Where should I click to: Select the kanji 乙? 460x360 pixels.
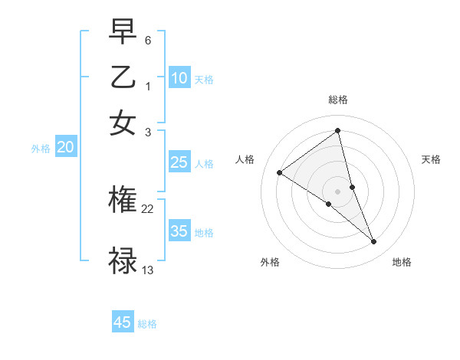[x=123, y=77]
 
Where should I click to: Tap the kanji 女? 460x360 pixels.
[x=123, y=123]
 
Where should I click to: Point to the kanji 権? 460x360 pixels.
[x=123, y=201]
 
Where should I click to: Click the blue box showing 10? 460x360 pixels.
[x=179, y=78]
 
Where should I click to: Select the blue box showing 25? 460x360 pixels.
[x=179, y=162]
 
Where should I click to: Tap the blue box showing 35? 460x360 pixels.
[x=179, y=232]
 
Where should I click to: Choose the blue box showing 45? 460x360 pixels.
[x=123, y=322]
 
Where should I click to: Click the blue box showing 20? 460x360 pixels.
[x=65, y=148]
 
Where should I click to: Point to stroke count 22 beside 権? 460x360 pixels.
[x=148, y=208]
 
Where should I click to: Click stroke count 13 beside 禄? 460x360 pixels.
[x=148, y=270]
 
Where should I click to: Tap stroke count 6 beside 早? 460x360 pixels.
[x=148, y=38]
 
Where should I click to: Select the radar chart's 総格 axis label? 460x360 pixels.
[x=338, y=100]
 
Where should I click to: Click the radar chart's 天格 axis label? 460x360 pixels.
[x=431, y=159]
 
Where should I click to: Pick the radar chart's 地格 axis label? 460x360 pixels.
[x=402, y=262]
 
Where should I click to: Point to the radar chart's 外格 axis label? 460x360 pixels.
[x=270, y=262]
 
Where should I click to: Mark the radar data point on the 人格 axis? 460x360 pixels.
[x=279, y=173]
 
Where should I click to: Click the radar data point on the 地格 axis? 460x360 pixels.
[x=374, y=242]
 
